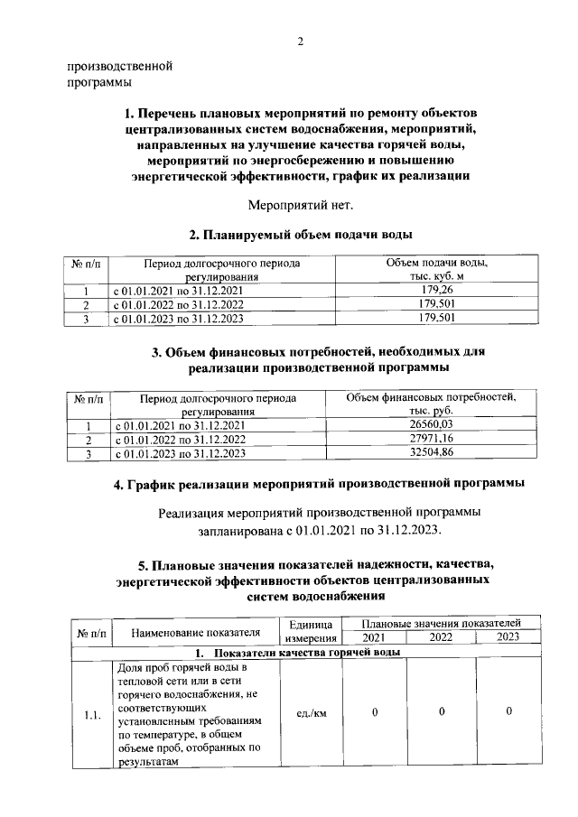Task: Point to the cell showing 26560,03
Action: (x=430, y=425)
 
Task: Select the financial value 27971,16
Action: (x=430, y=439)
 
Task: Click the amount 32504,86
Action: (x=430, y=453)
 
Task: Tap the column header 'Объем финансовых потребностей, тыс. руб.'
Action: (x=430, y=404)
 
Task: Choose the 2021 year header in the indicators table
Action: (x=374, y=637)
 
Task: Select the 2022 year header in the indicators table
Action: (x=442, y=637)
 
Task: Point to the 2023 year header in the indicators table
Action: (x=508, y=637)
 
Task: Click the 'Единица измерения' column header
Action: (x=311, y=631)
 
